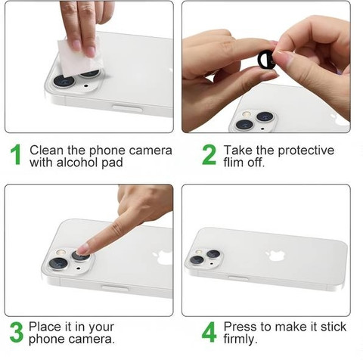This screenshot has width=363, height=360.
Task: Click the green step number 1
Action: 16,154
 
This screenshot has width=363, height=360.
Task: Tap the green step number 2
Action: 209,154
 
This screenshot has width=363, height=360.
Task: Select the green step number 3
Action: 17,332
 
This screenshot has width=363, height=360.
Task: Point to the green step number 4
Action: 209,332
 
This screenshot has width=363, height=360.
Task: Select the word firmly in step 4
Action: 240,340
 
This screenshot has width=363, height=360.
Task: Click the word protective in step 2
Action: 306,151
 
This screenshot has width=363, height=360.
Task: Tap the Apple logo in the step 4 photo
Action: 275,255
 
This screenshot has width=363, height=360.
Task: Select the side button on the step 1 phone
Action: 127,108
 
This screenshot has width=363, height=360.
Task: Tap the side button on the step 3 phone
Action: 115,288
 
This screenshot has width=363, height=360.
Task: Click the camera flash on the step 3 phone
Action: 60,253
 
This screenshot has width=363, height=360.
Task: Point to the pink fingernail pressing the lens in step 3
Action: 82,250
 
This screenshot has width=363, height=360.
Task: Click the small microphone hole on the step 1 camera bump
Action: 86,85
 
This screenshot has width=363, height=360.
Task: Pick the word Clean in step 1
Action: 46,151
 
